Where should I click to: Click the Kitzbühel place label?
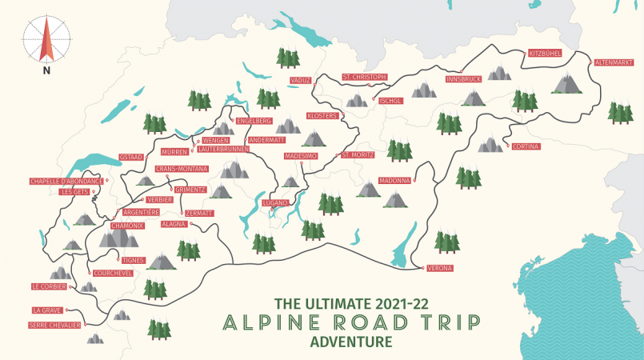coord(546,54)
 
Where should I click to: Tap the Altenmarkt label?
coord(614,62)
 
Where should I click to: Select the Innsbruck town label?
coord(463,79)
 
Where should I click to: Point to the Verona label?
coord(441,267)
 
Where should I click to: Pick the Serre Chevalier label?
coord(54,325)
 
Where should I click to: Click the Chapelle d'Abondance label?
coord(66,181)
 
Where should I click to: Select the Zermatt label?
coord(199,213)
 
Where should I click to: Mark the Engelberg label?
coord(254,121)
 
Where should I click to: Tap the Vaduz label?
coord(301,80)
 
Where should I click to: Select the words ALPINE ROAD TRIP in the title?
coord(352,322)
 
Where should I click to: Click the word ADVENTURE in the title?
coord(352,342)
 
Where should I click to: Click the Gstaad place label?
coord(131,156)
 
